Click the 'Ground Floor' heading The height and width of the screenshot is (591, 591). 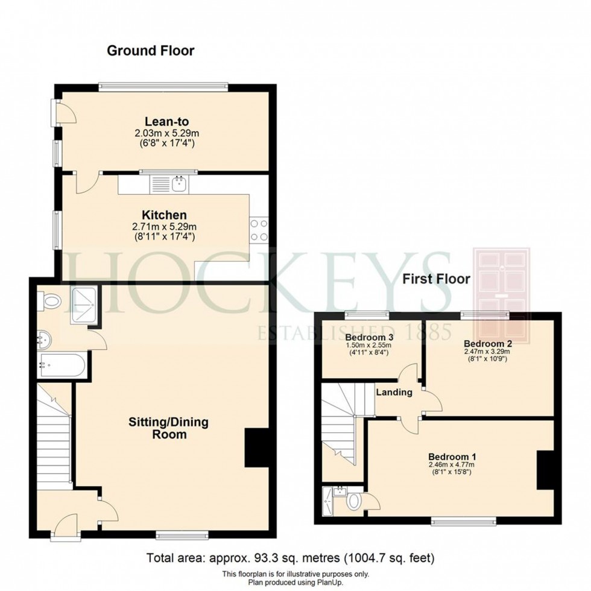pyautogui.click(x=151, y=51)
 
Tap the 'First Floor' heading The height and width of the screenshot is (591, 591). pyautogui.click(x=437, y=280)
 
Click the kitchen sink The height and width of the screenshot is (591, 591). pyautogui.click(x=179, y=184)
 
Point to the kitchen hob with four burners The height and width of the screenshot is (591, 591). pyautogui.click(x=259, y=230)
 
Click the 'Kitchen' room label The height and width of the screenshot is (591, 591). pyautogui.click(x=164, y=215)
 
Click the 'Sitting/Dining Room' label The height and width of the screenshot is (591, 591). pyautogui.click(x=168, y=428)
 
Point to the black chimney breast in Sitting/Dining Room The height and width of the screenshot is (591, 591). pyautogui.click(x=256, y=447)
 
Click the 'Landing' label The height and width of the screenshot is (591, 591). pyautogui.click(x=394, y=393)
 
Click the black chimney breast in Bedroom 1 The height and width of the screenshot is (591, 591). pyautogui.click(x=545, y=470)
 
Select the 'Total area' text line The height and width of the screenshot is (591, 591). pyautogui.click(x=291, y=557)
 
